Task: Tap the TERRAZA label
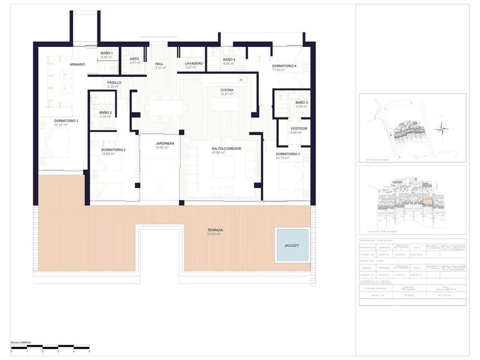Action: (x=216, y=230)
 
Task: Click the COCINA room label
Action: (x=227, y=91)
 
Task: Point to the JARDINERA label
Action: (x=165, y=144)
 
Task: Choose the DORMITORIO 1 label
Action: (x=66, y=121)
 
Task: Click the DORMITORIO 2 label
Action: (x=113, y=150)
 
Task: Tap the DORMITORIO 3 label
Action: (x=288, y=154)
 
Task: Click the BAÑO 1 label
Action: (x=106, y=53)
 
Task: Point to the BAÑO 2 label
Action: (x=105, y=113)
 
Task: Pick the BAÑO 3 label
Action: (x=301, y=102)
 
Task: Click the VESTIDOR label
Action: (x=299, y=129)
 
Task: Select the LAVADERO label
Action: (x=194, y=64)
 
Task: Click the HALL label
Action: (x=160, y=64)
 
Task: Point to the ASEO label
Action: (x=134, y=59)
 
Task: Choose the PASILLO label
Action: (x=114, y=82)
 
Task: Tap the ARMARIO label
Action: (x=77, y=64)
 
